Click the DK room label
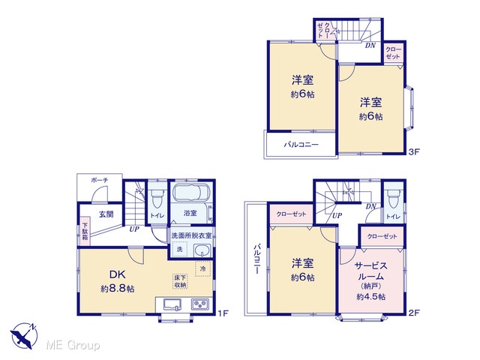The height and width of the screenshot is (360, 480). click(118, 274)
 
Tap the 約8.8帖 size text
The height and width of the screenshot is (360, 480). click(118, 288)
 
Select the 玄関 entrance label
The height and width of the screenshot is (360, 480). click(106, 214)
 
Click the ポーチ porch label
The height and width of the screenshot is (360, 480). click(100, 180)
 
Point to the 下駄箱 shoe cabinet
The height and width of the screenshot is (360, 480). click(85, 231)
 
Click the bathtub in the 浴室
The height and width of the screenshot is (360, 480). click(191, 193)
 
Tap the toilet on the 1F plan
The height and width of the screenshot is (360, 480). click(157, 197)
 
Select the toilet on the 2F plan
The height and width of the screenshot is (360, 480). click(393, 197)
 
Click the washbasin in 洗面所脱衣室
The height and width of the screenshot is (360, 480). click(202, 251)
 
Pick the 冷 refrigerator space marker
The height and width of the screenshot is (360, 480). click(203, 268)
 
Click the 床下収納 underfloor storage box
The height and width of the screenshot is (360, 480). click(180, 281)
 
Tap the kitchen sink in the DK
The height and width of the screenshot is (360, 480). click(172, 305)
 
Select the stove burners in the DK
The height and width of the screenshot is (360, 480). click(200, 304)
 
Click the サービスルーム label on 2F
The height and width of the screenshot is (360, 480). click(370, 271)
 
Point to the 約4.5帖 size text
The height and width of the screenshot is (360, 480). click(370, 297)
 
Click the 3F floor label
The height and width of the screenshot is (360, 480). click(414, 151)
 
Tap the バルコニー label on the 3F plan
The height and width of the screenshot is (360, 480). click(301, 145)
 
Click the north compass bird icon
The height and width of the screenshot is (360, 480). click(24, 336)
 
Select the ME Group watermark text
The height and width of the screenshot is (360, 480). click(73, 345)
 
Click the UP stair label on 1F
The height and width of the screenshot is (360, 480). click(134, 229)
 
